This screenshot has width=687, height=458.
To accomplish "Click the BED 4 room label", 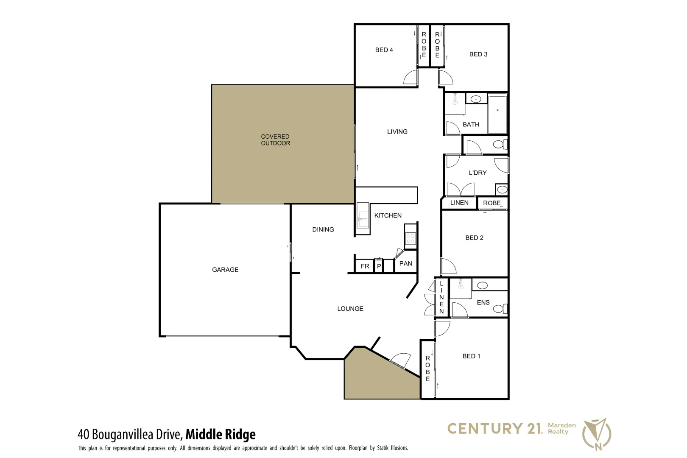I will (x=384, y=50).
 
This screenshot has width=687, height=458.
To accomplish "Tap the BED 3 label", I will (x=478, y=54).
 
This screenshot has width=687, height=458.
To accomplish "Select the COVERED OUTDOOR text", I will (x=275, y=140).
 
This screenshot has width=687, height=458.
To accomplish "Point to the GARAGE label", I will (x=225, y=270).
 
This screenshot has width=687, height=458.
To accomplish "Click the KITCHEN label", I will (x=388, y=215).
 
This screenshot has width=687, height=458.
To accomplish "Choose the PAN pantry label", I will (x=405, y=263).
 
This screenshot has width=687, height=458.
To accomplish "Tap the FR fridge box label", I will (x=365, y=266).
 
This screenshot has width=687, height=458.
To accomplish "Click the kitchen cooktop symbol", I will (x=410, y=238).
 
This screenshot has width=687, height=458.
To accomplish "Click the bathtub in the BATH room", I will (x=497, y=114).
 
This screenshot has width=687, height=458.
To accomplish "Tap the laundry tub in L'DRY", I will (x=502, y=189).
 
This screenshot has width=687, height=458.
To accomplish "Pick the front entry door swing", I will (x=401, y=360).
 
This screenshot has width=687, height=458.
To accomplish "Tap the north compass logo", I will (x=597, y=433).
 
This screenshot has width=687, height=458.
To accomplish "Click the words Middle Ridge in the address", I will (x=221, y=434).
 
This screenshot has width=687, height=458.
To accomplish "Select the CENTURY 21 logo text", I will (x=494, y=429).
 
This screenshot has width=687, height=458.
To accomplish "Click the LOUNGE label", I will (x=350, y=309).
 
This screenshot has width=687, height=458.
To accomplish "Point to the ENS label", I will (x=483, y=302).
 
